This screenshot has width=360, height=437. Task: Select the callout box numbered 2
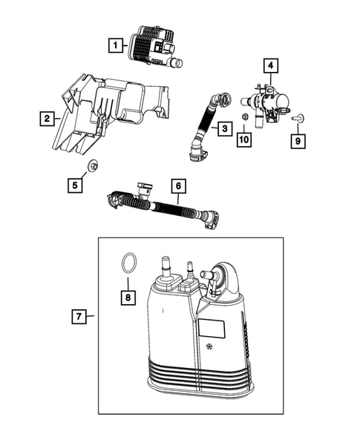coord(46,118)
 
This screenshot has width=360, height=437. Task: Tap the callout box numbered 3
coord(223,129)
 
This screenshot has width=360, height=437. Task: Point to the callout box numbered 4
coord(271,67)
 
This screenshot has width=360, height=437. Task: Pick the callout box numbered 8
coord(128,297)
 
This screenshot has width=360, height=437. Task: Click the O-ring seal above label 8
coord(128,263)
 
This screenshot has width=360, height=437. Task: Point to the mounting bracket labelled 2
coord(111,111)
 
